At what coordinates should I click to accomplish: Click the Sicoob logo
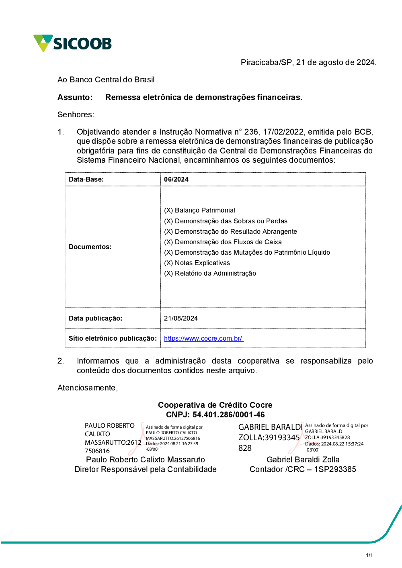click(72, 43)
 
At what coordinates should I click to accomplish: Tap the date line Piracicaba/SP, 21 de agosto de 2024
click(308, 62)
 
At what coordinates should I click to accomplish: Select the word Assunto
click(75, 97)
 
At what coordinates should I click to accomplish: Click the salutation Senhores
click(76, 114)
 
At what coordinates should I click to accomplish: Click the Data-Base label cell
click(86, 179)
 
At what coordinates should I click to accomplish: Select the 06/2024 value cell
click(176, 179)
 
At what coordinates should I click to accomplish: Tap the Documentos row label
click(90, 247)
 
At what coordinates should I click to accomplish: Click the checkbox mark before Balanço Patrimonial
click(168, 210)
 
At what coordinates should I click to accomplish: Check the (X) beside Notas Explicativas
click(168, 263)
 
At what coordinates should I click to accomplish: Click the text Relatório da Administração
click(215, 273)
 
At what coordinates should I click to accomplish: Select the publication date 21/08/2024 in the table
click(181, 318)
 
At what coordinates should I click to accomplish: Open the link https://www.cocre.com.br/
click(203, 338)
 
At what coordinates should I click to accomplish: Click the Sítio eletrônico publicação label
click(113, 338)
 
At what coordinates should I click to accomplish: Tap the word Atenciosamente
click(87, 388)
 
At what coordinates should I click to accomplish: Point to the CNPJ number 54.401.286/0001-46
click(228, 415)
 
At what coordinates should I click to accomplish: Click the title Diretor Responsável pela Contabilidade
click(146, 469)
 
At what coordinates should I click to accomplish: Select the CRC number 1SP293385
click(335, 469)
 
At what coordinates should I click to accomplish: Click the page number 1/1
click(369, 555)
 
